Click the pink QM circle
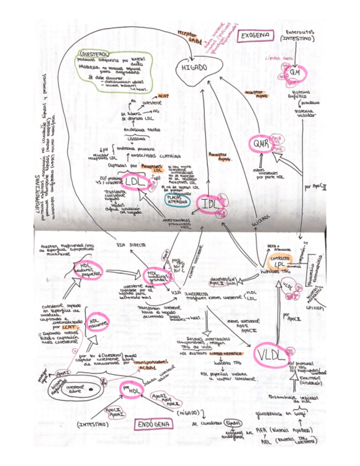click(295, 73)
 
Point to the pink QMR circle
click(260, 143)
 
